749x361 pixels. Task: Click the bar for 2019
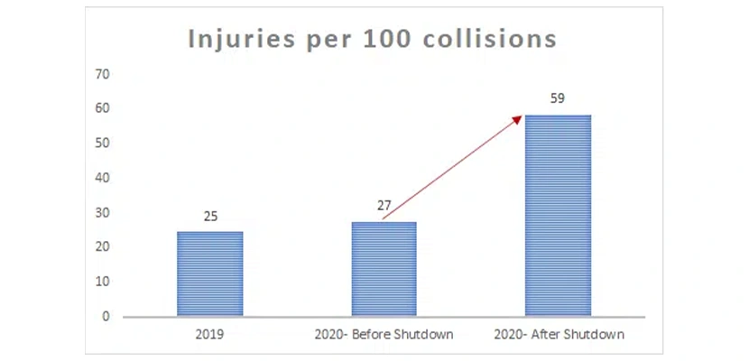coord(209,273)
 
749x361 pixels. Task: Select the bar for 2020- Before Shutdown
coord(384,269)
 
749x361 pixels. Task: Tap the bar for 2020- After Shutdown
coord(558,217)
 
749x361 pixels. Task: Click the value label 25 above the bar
coord(210,217)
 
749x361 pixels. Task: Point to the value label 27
coord(384,206)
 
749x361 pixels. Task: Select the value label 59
coord(558,98)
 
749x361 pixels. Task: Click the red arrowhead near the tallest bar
coord(518,118)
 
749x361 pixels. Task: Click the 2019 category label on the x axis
coord(209,335)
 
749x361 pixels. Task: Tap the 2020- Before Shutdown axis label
coord(384,335)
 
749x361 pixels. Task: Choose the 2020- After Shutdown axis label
coord(559,335)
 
